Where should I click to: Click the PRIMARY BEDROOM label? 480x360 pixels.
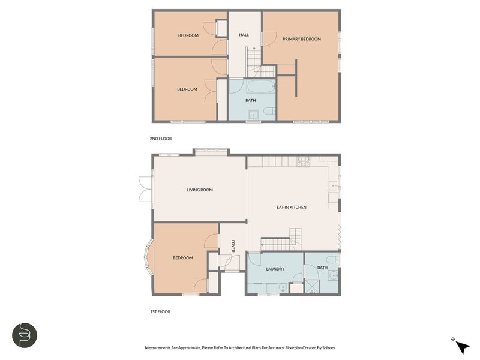coord(302,39)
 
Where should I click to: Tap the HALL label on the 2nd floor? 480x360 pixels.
coord(244,35)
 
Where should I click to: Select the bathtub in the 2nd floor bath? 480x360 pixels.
coord(261,86)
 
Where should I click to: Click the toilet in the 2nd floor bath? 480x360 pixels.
coord(269,110)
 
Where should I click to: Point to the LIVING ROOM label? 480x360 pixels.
coord(200,190)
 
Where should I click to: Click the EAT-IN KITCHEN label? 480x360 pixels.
coord(292,207)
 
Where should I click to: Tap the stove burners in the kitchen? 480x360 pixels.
coord(304,161)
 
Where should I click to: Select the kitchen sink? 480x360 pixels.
coord(333,186)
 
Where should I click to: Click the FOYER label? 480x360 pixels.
coord(233,246)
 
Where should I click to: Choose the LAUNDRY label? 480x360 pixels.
coord(275,269)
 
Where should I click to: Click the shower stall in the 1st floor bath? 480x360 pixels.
coord(312,287)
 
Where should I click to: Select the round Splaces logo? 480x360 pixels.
coord(25,335)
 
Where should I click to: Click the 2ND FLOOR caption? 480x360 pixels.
coord(161,139)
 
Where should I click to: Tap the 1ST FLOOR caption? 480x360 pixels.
coord(160,311)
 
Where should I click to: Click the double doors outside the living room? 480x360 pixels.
coord(145,189)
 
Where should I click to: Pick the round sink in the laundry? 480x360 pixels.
coord(283,288)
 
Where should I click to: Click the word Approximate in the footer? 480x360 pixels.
coord(190,348)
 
